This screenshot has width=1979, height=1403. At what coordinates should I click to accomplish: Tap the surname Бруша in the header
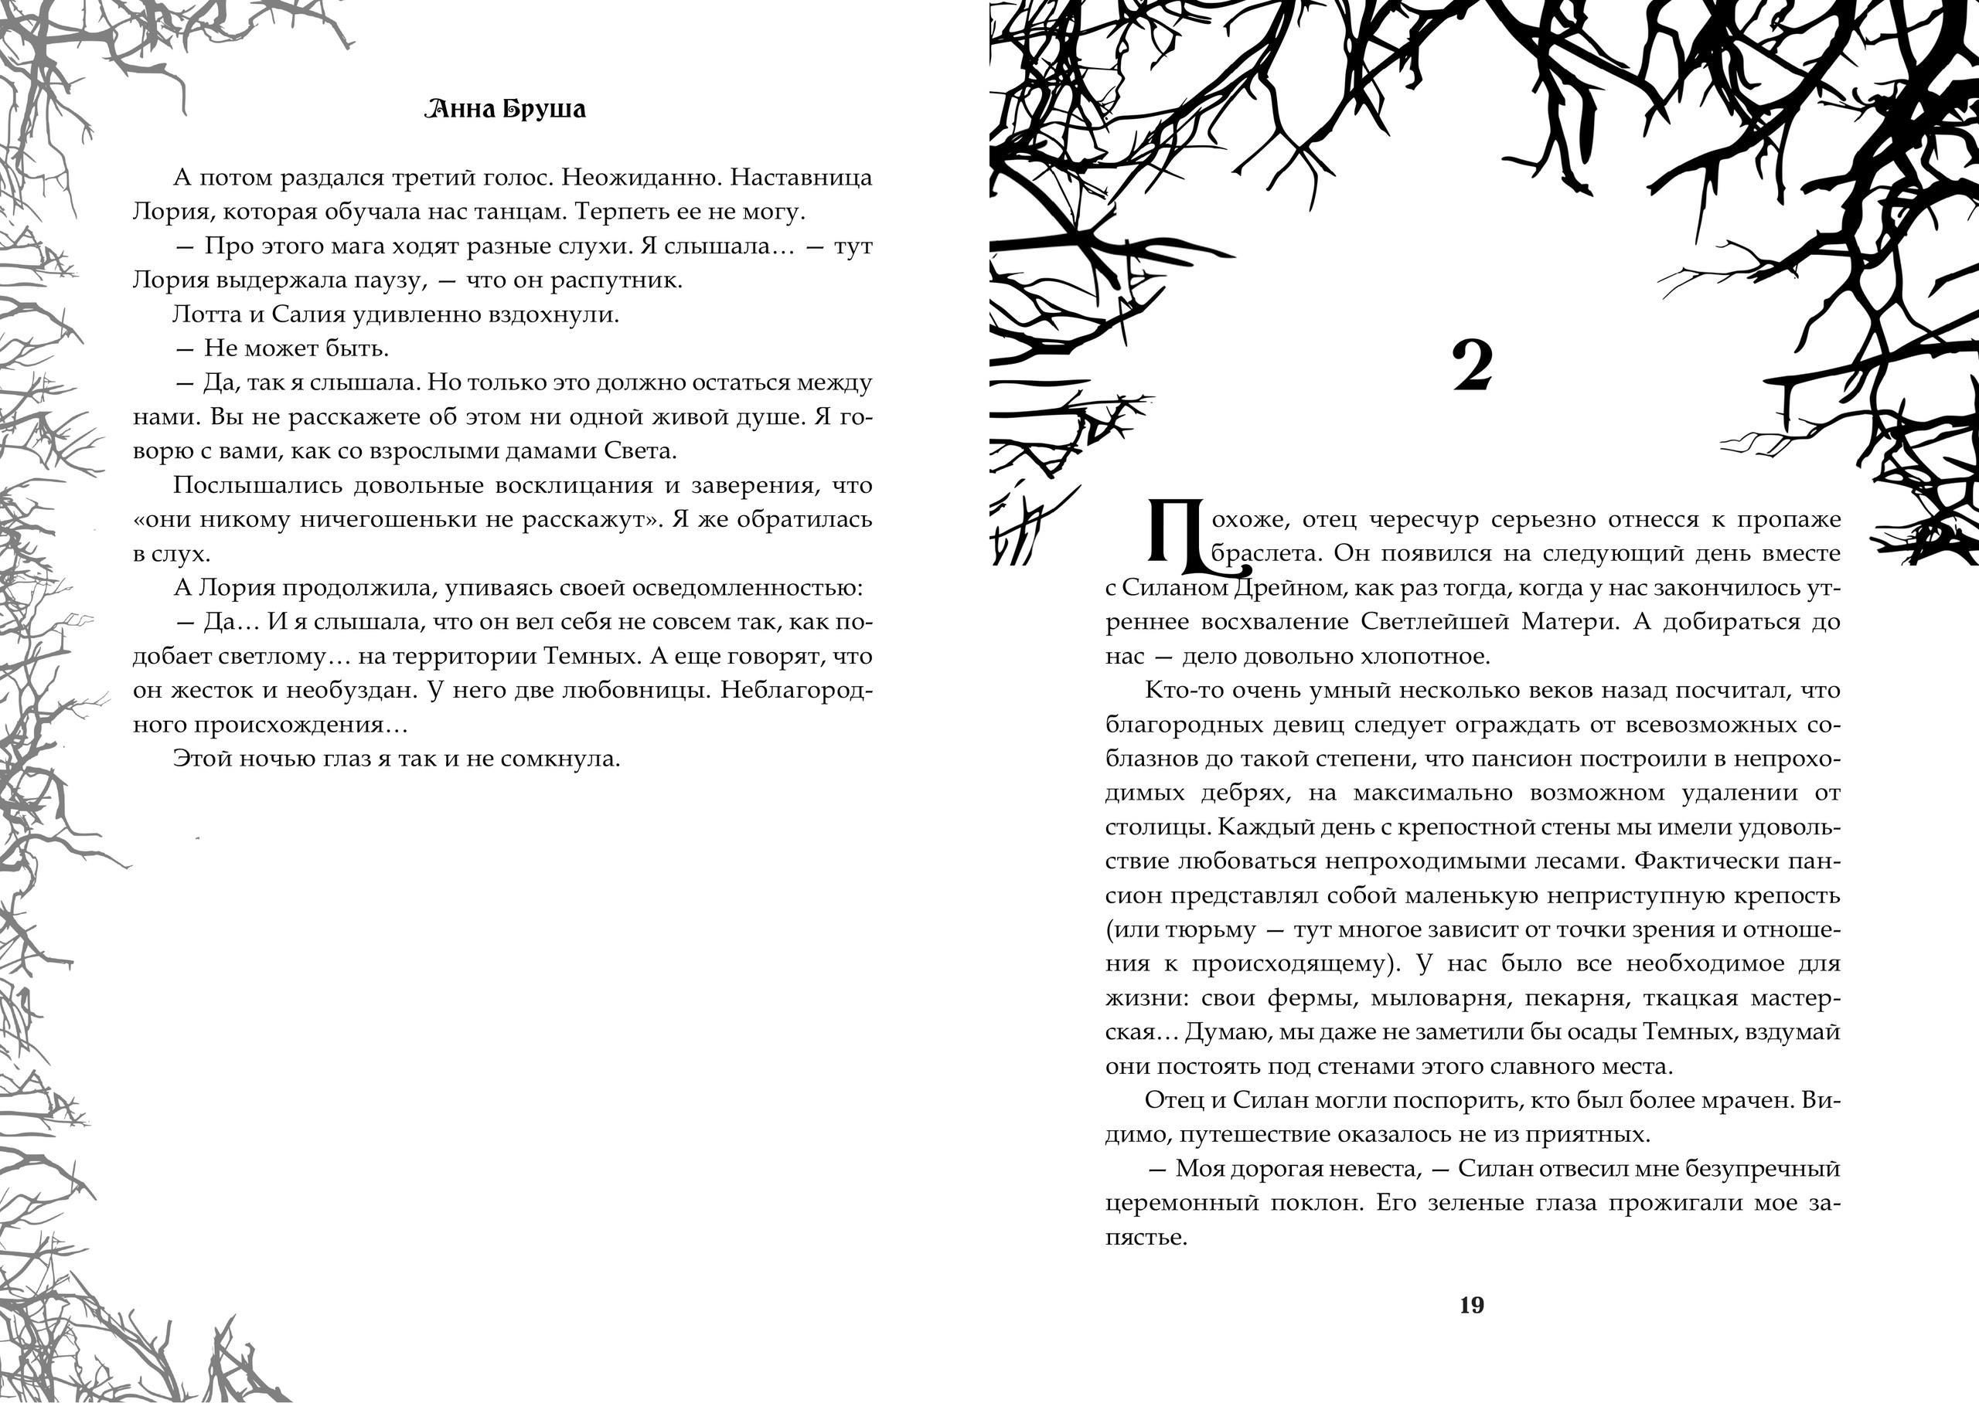545,110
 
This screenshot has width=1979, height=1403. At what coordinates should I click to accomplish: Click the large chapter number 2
1472,366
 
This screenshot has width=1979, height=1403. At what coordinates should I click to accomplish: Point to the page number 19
1472,1305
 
